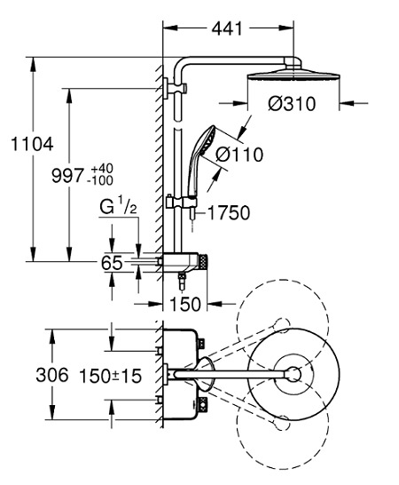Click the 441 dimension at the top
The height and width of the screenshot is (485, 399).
227,29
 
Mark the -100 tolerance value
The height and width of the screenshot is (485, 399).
101,181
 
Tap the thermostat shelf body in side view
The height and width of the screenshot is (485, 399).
185,262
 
